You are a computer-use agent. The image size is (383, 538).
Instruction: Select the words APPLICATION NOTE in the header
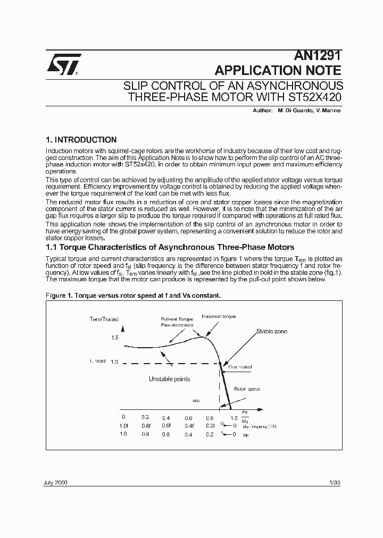pos(277,70)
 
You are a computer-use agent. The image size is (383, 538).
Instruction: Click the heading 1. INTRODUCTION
pos(81,140)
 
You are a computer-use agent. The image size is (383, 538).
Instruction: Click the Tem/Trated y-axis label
pos(104,319)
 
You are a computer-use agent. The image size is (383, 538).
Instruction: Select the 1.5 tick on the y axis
pos(115,338)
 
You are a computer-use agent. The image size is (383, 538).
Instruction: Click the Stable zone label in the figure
pos(271,331)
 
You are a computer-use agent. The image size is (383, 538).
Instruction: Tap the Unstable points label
pos(169,379)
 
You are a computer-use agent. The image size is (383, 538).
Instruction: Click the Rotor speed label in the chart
pos(247,389)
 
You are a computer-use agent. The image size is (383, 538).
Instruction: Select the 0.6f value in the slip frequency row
pos(166,426)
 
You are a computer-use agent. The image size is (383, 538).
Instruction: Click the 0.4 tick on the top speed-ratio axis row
pos(166,417)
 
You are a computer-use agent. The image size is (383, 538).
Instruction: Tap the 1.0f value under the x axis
pos(124,426)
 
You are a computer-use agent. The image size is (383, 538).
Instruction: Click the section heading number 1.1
pos(52,247)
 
